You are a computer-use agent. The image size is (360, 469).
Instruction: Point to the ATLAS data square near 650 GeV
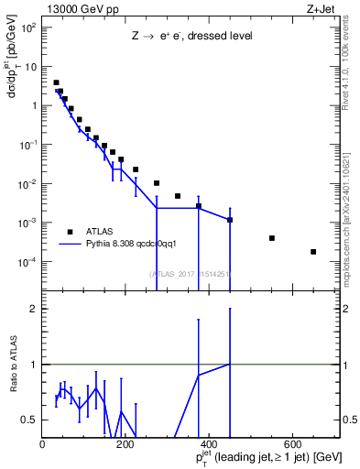pyautogui.click(x=313, y=252)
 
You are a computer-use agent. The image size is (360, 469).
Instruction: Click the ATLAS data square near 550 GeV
pyautogui.click(x=272, y=238)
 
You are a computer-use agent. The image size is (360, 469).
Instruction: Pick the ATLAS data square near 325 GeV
pyautogui.click(x=178, y=196)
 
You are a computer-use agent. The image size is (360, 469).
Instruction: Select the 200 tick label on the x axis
pyautogui.click(x=125, y=444)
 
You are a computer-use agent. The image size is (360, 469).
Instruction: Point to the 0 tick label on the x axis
pyautogui.click(x=42, y=444)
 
